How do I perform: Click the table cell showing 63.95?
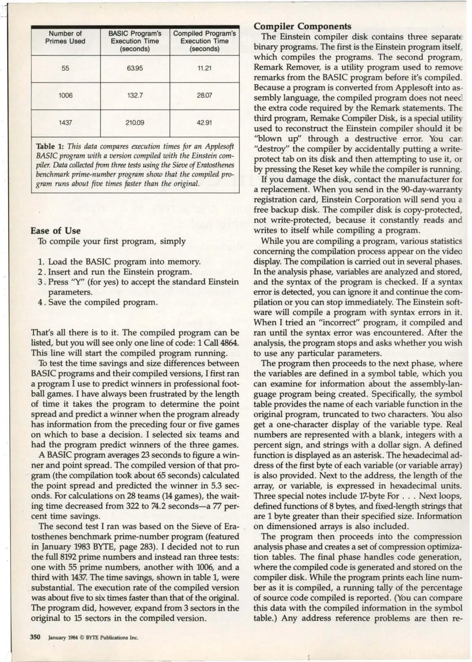pyautogui.click(x=135, y=68)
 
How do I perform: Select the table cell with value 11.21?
pyautogui.click(x=204, y=68)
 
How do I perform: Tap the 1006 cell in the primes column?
pyautogui.click(x=66, y=96)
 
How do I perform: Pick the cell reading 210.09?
pyautogui.click(x=135, y=123)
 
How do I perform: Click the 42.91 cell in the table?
pyautogui.click(x=204, y=123)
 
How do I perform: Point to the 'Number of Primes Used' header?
pyautogui.click(x=65, y=37)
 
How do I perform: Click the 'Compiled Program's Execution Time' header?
pyautogui.click(x=204, y=41)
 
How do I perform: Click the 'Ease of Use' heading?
pyautogui.click(x=56, y=231)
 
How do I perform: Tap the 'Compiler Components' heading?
pyautogui.click(x=302, y=26)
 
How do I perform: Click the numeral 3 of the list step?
pyautogui.click(x=40, y=282)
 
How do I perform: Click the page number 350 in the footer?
pyautogui.click(x=35, y=637)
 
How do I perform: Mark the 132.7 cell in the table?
pyautogui.click(x=135, y=96)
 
